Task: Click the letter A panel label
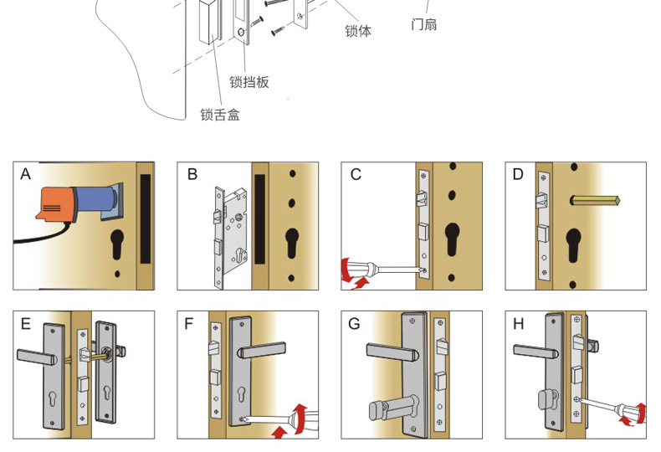25,174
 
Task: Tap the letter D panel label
518,174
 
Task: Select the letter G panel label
354,323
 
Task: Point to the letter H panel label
518,323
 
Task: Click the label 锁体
357,31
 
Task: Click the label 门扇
423,24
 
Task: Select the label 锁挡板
249,82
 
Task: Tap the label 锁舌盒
219,115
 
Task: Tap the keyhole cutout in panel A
118,245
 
